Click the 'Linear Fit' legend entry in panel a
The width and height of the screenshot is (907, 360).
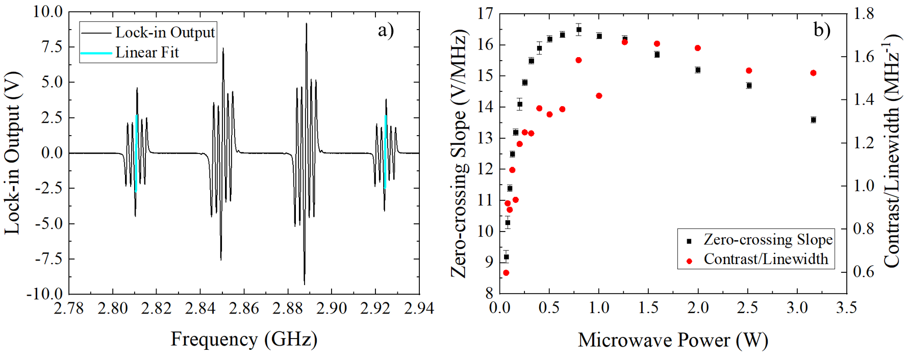point(147,53)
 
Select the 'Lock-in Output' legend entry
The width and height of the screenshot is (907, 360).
point(164,33)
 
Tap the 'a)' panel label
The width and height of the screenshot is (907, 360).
point(386,31)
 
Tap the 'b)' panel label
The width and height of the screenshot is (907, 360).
point(821,30)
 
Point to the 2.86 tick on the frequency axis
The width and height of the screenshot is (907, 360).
point(244,308)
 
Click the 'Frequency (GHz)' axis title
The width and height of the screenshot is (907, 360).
point(244,339)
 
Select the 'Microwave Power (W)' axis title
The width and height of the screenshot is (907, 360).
point(673,340)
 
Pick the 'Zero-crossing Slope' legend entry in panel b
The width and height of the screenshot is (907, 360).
point(768,240)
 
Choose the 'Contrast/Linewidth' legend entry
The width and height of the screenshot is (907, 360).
point(766,260)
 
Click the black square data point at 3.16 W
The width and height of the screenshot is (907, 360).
point(813,120)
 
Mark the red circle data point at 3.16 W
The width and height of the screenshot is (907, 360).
point(813,73)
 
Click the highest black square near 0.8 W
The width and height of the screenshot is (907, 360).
point(578,30)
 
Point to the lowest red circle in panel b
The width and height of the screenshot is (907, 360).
point(506,273)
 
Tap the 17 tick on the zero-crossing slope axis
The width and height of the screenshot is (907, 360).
point(485,14)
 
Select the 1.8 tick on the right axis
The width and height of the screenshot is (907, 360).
point(864,14)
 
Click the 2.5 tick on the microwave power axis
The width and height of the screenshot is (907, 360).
point(747,308)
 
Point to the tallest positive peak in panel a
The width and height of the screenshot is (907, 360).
point(306,24)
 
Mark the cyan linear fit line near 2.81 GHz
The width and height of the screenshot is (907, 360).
point(136,153)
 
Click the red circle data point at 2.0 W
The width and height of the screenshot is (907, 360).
point(698,48)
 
